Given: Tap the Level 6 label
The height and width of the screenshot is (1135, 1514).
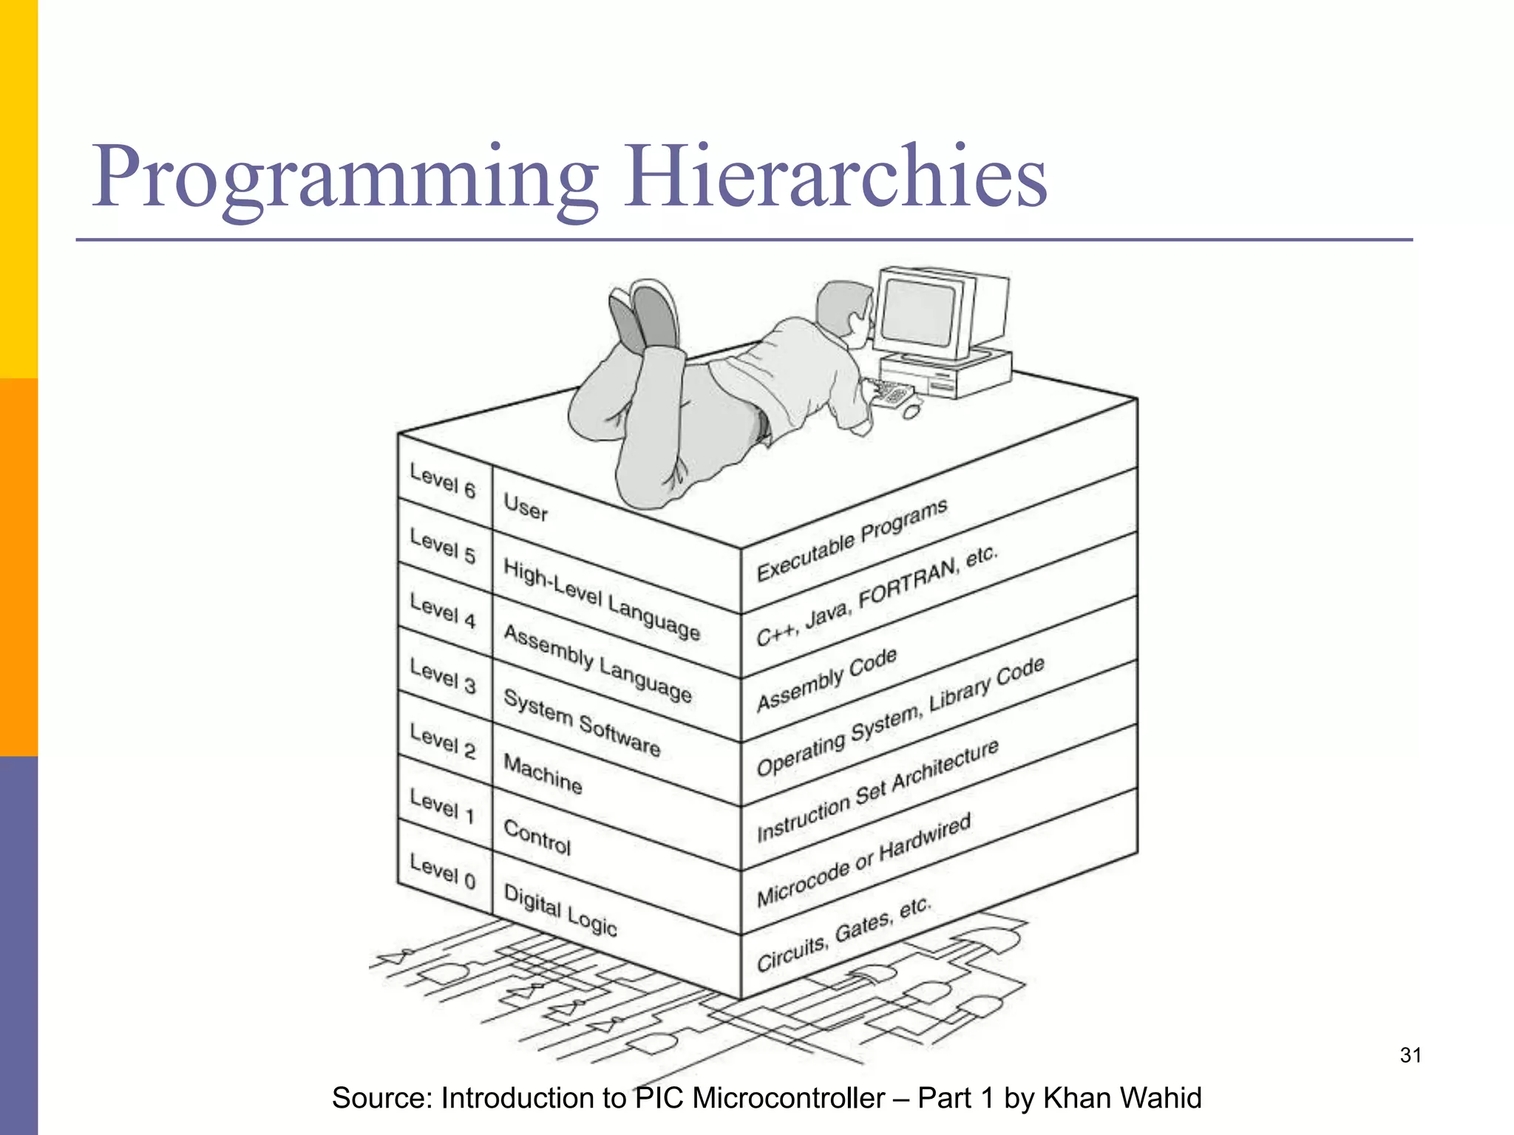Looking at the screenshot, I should click(442, 480).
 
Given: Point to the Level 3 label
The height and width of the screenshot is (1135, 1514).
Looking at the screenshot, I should click(442, 676).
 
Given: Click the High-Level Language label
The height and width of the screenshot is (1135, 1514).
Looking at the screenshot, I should click(601, 599).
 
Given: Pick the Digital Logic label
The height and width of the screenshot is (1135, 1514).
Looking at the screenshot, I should click(560, 910).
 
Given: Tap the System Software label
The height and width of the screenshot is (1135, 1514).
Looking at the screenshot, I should click(581, 722).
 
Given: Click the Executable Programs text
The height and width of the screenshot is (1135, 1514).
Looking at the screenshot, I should click(852, 540).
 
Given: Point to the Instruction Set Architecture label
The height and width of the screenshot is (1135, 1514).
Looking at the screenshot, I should click(877, 790).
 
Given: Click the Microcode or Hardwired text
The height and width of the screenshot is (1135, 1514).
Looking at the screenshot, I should click(863, 860).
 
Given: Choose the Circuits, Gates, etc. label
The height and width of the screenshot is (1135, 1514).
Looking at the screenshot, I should click(843, 935).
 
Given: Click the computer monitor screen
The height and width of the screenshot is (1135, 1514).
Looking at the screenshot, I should click(920, 313).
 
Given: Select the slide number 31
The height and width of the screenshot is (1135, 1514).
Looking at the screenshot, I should click(1411, 1055).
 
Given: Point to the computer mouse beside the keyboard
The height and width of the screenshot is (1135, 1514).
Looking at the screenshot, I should click(912, 410).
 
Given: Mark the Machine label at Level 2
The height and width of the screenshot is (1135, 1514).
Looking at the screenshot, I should click(543, 773).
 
